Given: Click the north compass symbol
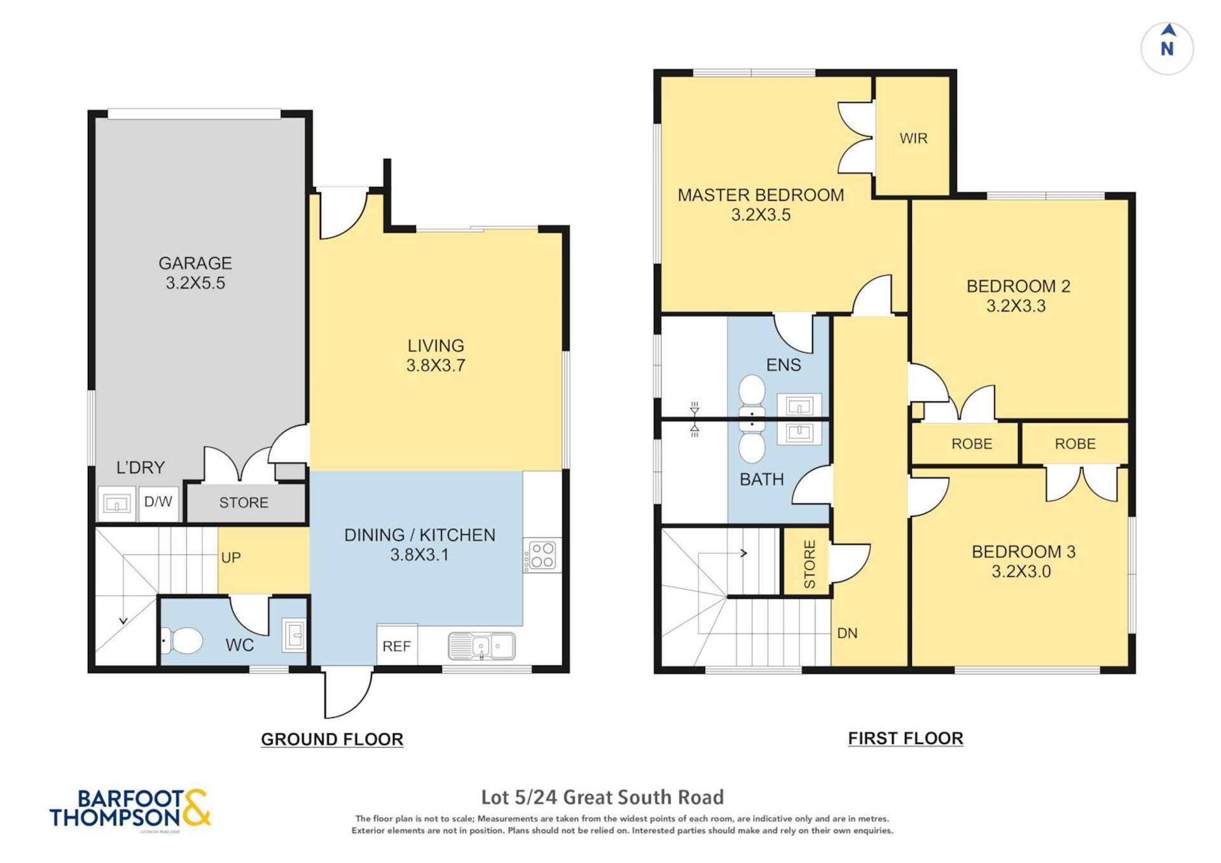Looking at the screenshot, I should pyautogui.click(x=1167, y=48).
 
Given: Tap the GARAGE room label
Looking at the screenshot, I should pyautogui.click(x=195, y=263).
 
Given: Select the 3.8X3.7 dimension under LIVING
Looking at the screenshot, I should pyautogui.click(x=436, y=366).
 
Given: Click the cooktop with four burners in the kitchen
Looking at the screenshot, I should pyautogui.click(x=542, y=555).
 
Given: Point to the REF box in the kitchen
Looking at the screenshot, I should pyautogui.click(x=397, y=646).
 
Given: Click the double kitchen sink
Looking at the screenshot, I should pyautogui.click(x=481, y=646).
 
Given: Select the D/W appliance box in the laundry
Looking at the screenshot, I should pyautogui.click(x=158, y=502).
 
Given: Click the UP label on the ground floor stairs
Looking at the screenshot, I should pyautogui.click(x=231, y=558).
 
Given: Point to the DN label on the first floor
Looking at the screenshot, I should pyautogui.click(x=847, y=633).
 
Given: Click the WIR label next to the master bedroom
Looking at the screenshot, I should pyautogui.click(x=913, y=138).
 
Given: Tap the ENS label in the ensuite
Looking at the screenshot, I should pyautogui.click(x=783, y=364).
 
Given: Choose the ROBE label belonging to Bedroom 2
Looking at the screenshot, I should pyautogui.click(x=972, y=444).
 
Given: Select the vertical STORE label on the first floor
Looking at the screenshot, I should pyautogui.click(x=809, y=563).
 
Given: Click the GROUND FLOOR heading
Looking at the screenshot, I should pyautogui.click(x=332, y=739).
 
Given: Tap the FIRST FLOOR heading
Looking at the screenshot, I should pyautogui.click(x=906, y=738).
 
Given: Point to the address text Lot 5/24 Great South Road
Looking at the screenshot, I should pyautogui.click(x=602, y=797).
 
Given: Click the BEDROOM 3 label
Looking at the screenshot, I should pyautogui.click(x=1023, y=551).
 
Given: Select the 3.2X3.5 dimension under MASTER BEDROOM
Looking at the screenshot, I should pyautogui.click(x=761, y=215).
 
